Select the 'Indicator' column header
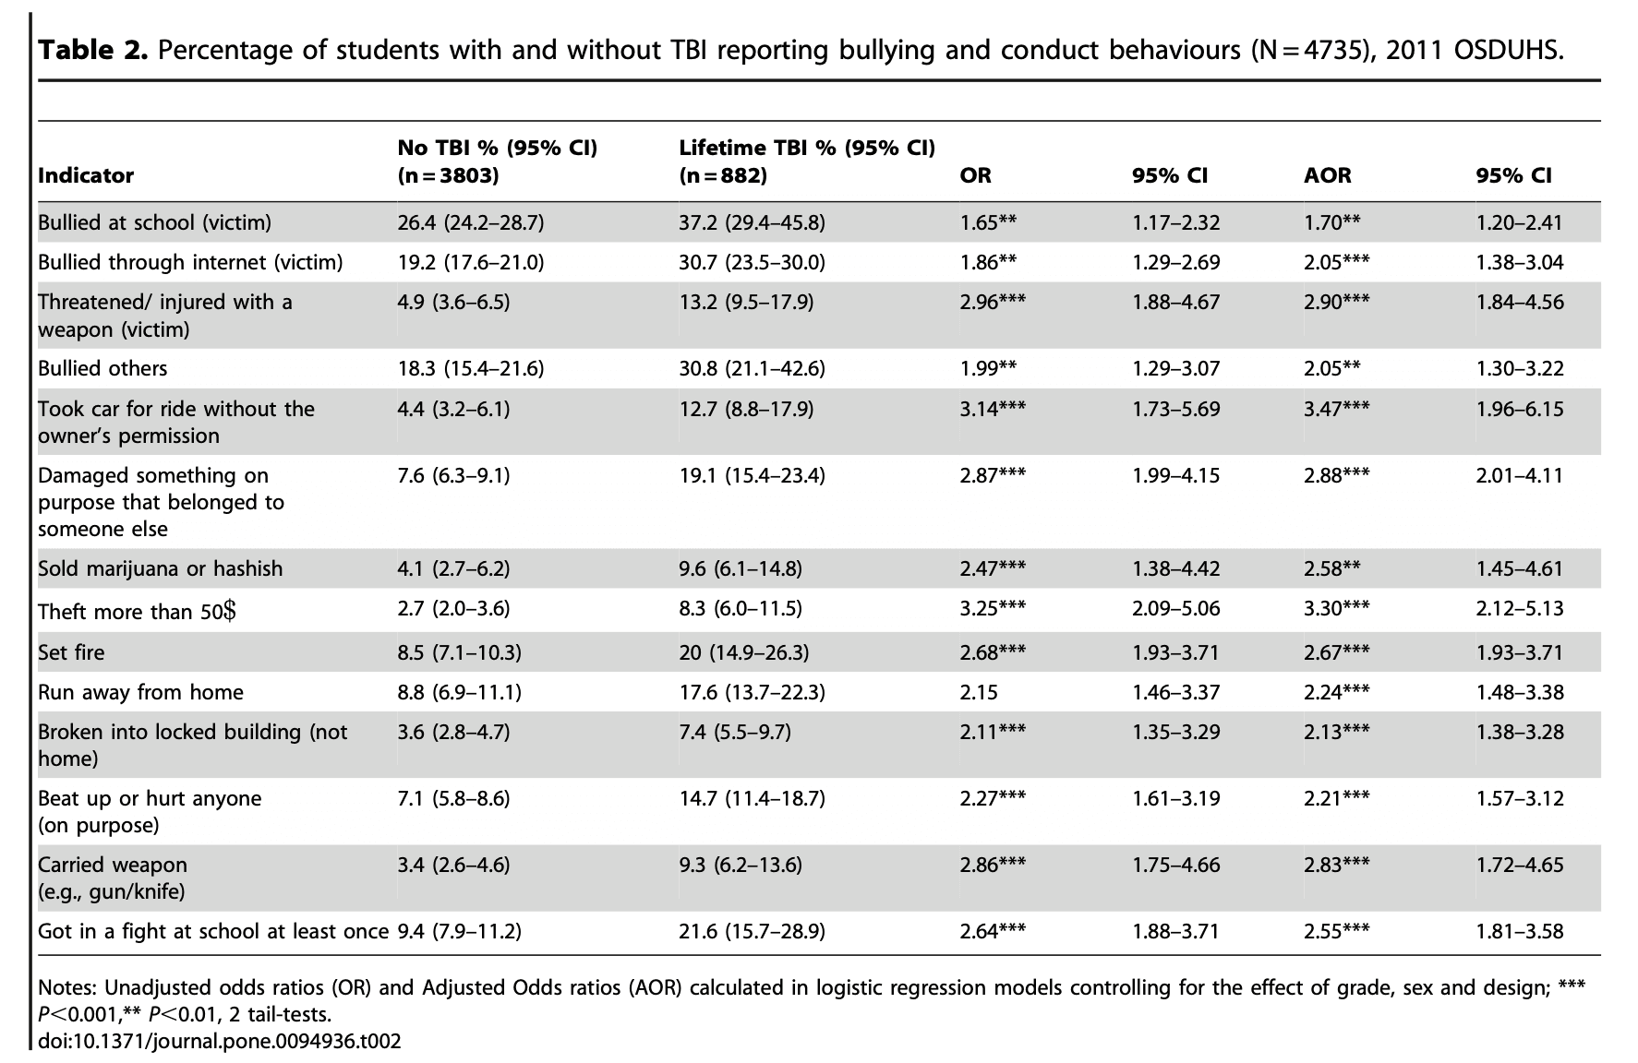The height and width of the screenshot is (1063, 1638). click(86, 175)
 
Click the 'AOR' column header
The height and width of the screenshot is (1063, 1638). click(1327, 175)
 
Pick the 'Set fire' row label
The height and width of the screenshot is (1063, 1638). click(71, 652)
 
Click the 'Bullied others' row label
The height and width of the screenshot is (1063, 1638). click(102, 368)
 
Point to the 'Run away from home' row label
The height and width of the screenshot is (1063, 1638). click(140, 692)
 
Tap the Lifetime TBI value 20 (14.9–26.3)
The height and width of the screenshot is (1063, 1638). click(743, 652)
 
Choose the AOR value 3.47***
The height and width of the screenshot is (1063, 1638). click(1336, 409)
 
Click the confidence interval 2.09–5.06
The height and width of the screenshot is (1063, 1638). click(1175, 608)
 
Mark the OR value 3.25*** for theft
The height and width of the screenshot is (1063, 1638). click(993, 608)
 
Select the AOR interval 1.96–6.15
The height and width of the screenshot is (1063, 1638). click(1519, 409)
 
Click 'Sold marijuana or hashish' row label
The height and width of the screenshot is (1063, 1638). click(160, 568)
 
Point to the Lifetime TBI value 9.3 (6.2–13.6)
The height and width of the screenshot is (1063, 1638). click(740, 865)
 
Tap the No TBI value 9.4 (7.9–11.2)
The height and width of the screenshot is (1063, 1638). click(459, 931)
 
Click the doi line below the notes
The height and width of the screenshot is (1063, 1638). click(220, 1042)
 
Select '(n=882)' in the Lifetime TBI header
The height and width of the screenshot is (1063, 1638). click(723, 175)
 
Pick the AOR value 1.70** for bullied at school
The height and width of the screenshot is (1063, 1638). click(1331, 222)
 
